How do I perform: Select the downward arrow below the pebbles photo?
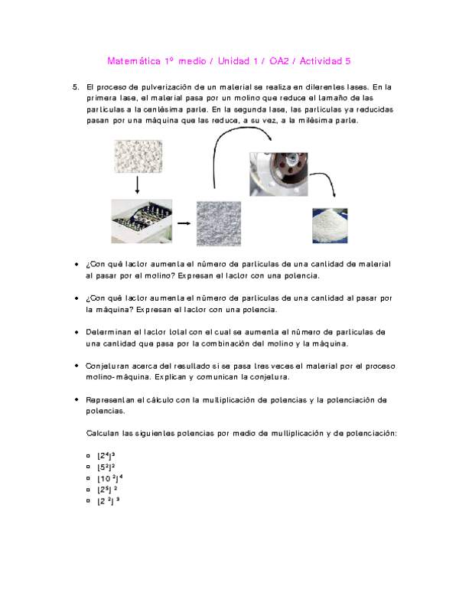pyautogui.click(x=136, y=186)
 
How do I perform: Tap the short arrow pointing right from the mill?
pyautogui.click(x=183, y=223)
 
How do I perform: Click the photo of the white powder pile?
pyautogui.click(x=330, y=225)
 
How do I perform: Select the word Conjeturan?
pyautogui.click(x=112, y=366)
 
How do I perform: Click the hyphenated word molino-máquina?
pyautogui.click(x=122, y=377)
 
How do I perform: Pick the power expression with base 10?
pyautogui.click(x=111, y=478)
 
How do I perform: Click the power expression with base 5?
pyautogui.click(x=106, y=467)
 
